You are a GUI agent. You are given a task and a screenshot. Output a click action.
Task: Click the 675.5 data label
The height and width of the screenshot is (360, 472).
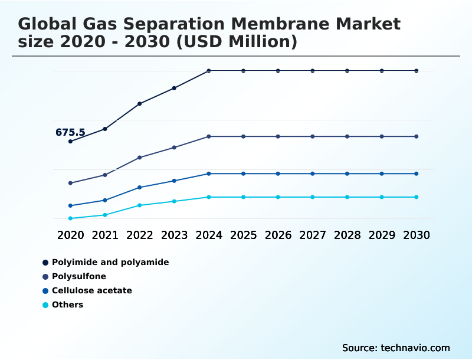click(x=70, y=132)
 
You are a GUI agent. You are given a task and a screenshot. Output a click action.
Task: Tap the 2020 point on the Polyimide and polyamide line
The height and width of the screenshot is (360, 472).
click(x=70, y=142)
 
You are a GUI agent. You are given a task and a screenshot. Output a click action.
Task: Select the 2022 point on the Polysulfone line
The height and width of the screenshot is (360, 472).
click(x=140, y=158)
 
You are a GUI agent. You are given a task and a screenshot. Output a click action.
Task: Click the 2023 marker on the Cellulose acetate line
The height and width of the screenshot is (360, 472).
click(x=174, y=181)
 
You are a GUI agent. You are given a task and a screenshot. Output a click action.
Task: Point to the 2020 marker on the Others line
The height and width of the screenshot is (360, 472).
click(x=70, y=218)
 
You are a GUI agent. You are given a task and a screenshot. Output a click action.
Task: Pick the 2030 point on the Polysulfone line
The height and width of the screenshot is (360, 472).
click(x=417, y=136)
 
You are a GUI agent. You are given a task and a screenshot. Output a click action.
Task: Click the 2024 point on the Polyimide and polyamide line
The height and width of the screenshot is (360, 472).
click(x=209, y=71)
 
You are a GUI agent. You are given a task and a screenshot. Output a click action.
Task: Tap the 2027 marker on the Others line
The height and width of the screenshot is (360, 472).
click(x=313, y=197)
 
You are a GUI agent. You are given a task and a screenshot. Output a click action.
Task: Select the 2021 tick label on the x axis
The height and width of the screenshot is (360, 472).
click(x=105, y=235)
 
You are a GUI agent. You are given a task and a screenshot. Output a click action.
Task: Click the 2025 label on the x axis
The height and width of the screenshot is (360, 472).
click(x=243, y=235)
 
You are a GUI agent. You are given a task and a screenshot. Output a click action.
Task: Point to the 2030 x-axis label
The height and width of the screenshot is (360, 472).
click(x=417, y=235)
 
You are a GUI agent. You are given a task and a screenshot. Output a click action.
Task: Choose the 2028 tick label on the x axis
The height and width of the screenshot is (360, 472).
click(x=347, y=235)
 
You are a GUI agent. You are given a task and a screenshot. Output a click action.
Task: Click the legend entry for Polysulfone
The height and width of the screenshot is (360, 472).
click(x=79, y=276)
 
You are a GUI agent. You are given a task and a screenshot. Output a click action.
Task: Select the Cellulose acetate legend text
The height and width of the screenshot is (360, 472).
click(x=91, y=290)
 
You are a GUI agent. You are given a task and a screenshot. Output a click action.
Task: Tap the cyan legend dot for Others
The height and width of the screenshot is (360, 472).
click(x=45, y=305)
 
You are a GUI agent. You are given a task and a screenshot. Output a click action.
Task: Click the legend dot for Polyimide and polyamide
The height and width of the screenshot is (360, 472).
click(x=45, y=262)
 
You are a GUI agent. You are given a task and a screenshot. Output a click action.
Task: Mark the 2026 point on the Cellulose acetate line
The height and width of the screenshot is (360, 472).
click(x=278, y=174)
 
